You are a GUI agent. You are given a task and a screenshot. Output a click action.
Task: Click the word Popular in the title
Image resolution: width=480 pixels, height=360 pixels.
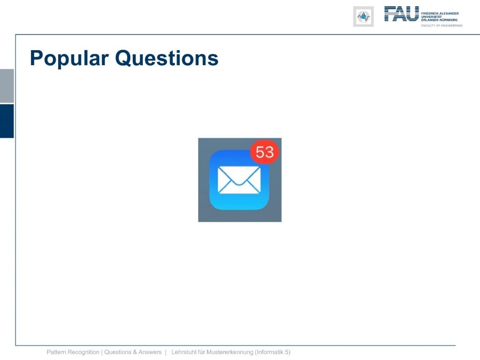[69, 59]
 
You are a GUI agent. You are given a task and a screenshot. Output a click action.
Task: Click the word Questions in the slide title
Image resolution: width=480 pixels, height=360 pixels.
[167, 58]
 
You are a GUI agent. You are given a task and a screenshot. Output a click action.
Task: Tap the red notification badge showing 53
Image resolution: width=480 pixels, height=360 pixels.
[264, 152]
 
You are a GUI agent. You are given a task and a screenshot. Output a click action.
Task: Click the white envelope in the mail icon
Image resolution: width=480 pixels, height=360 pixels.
[239, 180]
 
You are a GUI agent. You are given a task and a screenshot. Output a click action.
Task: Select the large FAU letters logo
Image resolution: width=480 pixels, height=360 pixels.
[402, 14]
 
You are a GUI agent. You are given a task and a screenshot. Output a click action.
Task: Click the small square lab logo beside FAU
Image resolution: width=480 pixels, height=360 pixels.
[363, 16]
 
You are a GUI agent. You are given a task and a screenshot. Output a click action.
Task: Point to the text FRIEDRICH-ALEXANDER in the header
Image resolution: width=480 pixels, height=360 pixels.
[440, 14]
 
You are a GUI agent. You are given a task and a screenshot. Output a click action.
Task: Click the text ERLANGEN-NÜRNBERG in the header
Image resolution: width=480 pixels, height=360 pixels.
[439, 20]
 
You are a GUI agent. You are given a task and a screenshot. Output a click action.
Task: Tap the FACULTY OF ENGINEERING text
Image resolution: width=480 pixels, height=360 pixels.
[442, 26]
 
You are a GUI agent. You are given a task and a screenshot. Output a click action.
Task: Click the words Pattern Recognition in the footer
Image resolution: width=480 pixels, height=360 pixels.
[73, 352]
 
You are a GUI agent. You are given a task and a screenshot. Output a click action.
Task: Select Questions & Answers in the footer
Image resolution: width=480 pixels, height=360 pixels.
[133, 352]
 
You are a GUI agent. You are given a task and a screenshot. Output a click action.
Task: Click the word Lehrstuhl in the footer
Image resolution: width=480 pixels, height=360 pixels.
[184, 352]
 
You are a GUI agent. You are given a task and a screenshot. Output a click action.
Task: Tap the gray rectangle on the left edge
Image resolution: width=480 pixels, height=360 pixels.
[7, 86]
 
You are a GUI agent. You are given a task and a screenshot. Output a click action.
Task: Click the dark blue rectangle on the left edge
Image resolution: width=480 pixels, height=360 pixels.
[7, 121]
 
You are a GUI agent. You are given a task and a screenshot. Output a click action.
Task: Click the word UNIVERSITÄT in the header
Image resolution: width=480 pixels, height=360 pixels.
[432, 17]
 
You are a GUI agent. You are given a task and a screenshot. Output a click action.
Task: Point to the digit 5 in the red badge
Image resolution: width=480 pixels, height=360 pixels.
[260, 152]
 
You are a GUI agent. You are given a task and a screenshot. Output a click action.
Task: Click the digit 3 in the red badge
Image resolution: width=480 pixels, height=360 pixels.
[269, 152]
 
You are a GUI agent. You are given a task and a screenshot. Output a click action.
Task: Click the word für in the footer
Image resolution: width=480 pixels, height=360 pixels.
[201, 352]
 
